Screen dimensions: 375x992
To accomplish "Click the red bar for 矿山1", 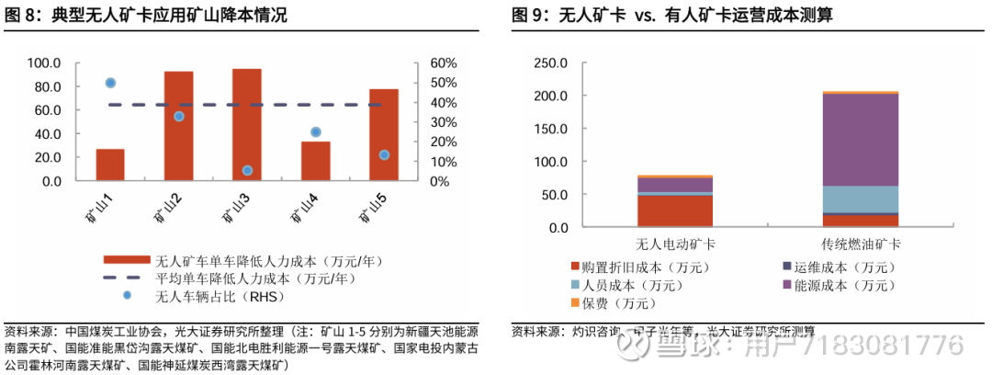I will pyautogui.click(x=110, y=165).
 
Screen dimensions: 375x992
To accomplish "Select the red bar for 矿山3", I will pyautogui.click(x=246, y=125).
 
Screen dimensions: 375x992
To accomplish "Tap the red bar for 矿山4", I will pyautogui.click(x=315, y=161).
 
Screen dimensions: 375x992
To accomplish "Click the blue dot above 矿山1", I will pyautogui.click(x=110, y=83).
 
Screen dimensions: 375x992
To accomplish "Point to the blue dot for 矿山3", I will pyautogui.click(x=247, y=170).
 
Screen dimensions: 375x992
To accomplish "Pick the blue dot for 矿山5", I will pyautogui.click(x=384, y=154).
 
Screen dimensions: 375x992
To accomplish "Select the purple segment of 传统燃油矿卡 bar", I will pyautogui.click(x=860, y=140).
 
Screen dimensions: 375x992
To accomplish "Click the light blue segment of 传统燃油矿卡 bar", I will pyautogui.click(x=860, y=199).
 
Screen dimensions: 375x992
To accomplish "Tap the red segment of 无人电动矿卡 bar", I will pyautogui.click(x=675, y=210).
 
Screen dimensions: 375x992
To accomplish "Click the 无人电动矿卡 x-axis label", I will pyautogui.click(x=676, y=244).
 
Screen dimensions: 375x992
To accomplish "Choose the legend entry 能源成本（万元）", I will pyautogui.click(x=837, y=286).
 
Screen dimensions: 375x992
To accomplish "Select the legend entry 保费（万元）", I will pyautogui.click(x=613, y=302).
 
